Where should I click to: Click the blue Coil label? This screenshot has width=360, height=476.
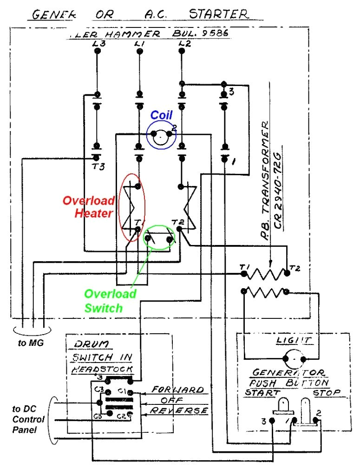point(161,115)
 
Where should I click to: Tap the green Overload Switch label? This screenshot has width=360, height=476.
point(110,301)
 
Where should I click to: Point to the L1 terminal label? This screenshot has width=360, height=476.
point(139,43)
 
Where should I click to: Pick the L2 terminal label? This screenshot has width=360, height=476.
point(184,43)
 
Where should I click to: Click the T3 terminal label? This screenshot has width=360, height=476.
point(98,168)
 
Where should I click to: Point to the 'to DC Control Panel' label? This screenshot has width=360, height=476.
point(28,419)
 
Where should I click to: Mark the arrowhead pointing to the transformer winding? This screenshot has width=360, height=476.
point(270,265)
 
